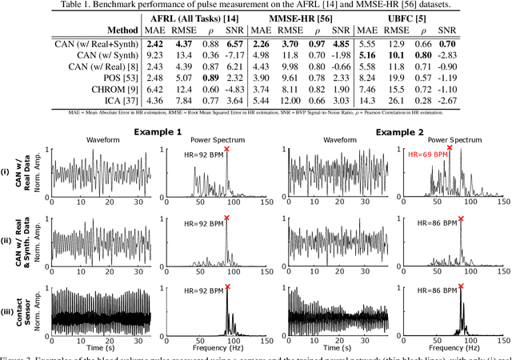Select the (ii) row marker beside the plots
coord(6,239)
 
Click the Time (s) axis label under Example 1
coord(99,348)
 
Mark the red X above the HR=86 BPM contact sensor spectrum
coord(461,285)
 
